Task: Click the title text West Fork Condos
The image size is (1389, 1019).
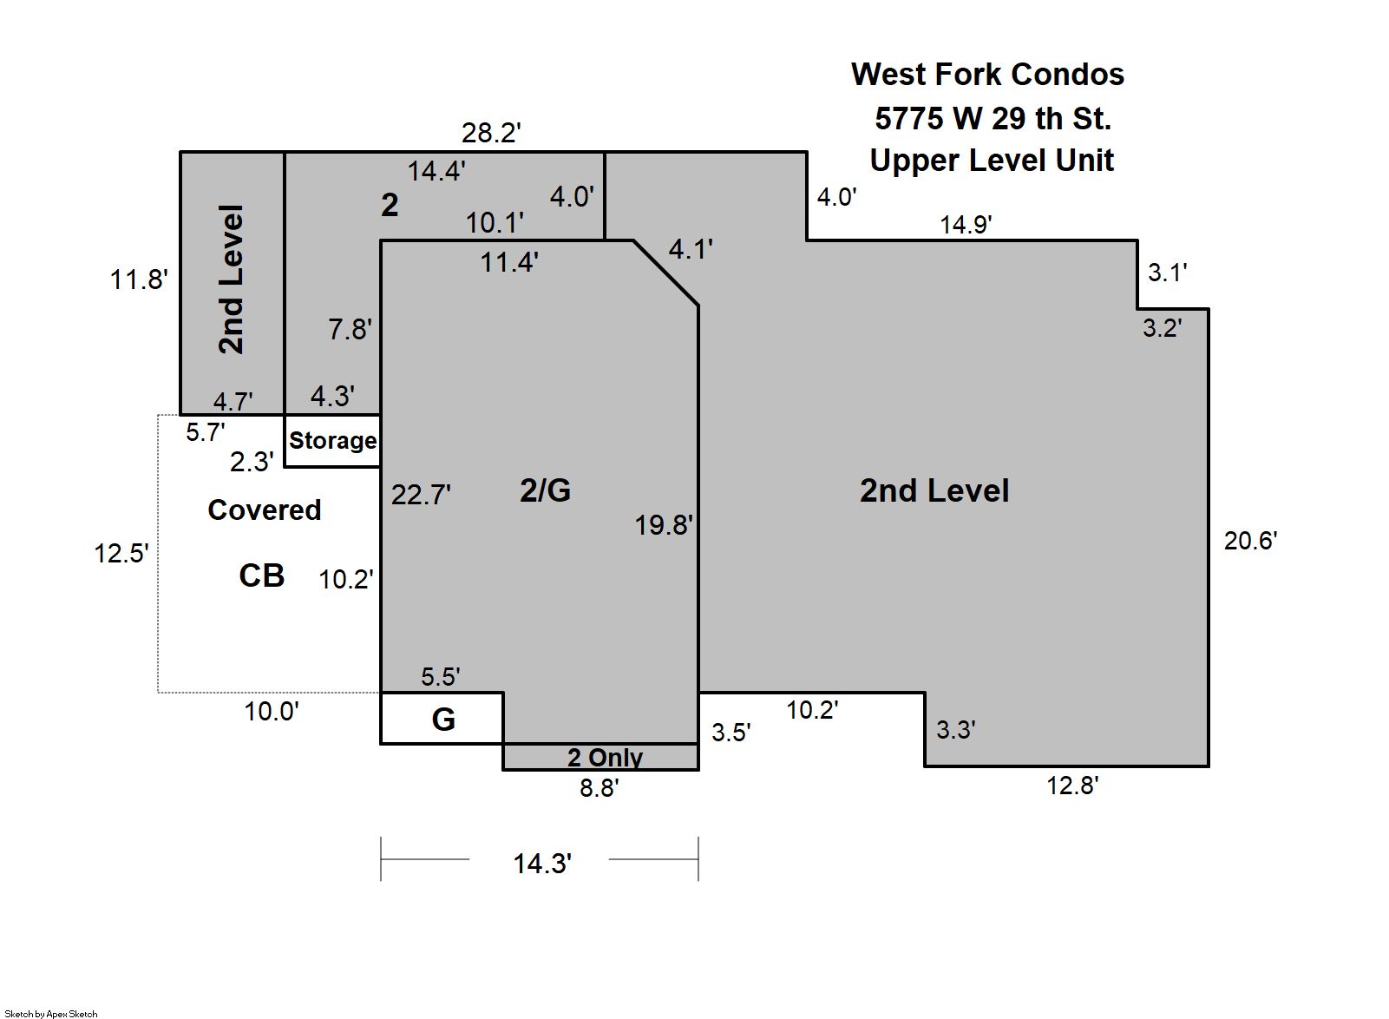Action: click(x=987, y=75)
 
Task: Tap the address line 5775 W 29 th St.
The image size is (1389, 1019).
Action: click(x=993, y=118)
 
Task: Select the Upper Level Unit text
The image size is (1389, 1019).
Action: click(x=992, y=160)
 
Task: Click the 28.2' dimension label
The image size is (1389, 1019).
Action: click(x=491, y=133)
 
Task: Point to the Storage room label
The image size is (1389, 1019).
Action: click(x=333, y=440)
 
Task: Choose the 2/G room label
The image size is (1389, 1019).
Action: click(x=545, y=490)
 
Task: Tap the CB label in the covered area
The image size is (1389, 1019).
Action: click(x=262, y=575)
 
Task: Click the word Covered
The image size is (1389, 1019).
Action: click(x=264, y=509)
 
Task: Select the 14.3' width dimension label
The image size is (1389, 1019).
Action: click(x=542, y=864)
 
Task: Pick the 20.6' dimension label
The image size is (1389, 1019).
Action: click(x=1250, y=541)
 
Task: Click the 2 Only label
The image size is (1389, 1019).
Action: click(x=606, y=757)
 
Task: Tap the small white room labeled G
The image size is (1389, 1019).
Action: click(x=442, y=718)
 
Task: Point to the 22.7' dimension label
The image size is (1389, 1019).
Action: click(x=421, y=495)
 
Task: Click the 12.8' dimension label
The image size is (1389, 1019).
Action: click(x=1072, y=786)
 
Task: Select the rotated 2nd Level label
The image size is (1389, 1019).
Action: click(x=232, y=279)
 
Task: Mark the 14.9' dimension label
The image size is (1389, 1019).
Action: click(x=966, y=224)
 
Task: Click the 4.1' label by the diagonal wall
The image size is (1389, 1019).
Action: click(x=690, y=249)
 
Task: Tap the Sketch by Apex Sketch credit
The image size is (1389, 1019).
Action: click(x=51, y=1014)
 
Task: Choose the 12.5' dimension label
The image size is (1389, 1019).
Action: click(x=121, y=553)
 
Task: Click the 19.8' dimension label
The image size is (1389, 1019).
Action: click(x=664, y=525)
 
